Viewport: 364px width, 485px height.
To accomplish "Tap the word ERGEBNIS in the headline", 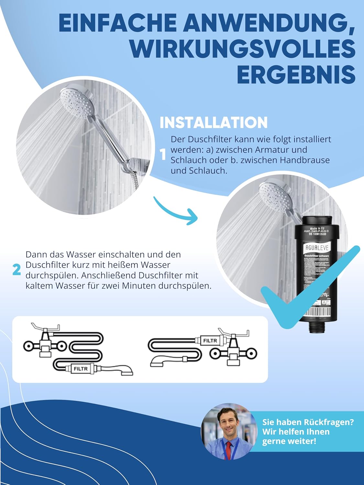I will point(296,75).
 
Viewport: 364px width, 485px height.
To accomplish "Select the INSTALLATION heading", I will point(214,123).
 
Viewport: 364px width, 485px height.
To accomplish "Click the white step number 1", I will point(163,155).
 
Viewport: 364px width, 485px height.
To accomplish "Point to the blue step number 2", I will point(17,270).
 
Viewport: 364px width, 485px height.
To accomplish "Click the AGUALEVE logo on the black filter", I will point(317,248).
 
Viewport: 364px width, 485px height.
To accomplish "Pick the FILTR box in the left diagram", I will point(81,369).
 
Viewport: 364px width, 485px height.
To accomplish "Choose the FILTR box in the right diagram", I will point(210,340).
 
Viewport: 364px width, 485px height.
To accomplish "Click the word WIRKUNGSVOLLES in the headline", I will point(243,49).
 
